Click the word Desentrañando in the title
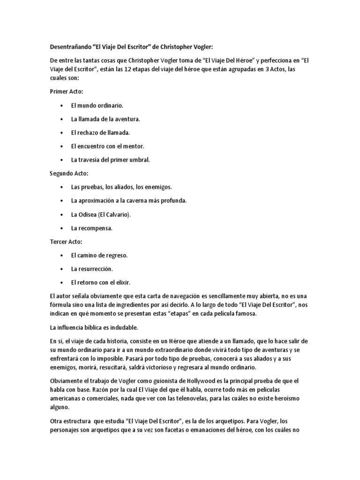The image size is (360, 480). [70, 47]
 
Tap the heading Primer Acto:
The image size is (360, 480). [66, 92]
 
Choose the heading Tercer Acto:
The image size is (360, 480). [66, 242]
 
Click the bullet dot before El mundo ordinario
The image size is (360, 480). [62, 106]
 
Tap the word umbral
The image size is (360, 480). [138, 160]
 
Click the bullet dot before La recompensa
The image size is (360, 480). [62, 228]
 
